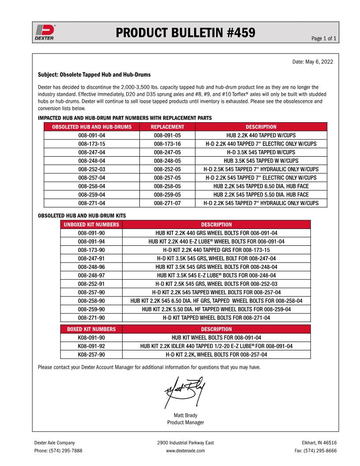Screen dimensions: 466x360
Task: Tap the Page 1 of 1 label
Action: [x=324, y=39]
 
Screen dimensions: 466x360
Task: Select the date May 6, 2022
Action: [x=313, y=61]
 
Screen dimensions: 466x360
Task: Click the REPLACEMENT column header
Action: [x=167, y=127]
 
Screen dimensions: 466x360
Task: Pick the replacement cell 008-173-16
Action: [x=167, y=144]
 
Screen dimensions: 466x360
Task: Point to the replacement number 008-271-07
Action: [x=167, y=203]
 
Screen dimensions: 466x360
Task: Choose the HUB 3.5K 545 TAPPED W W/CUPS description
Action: [x=261, y=161]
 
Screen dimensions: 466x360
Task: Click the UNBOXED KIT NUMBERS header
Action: [x=91, y=225]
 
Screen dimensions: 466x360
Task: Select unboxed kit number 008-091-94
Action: [x=91, y=241]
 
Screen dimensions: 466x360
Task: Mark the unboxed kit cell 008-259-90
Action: [x=91, y=309]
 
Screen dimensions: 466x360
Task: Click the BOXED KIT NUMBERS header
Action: [x=91, y=329]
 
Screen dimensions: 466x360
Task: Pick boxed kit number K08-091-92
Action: [x=91, y=346]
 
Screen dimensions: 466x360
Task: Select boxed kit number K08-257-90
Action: [x=91, y=354]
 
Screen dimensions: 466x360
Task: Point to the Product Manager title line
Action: [x=185, y=423]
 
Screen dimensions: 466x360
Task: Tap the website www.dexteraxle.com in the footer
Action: [x=185, y=451]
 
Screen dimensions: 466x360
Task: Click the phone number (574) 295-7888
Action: [x=58, y=451]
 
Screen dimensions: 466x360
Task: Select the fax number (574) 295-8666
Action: [x=315, y=451]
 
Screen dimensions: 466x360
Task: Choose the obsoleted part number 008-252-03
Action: [x=92, y=169]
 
